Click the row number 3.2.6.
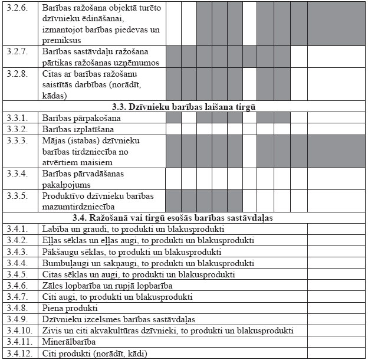pos(16,9)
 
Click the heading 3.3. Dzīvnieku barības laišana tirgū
pos(183,107)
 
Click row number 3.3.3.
pos(16,140)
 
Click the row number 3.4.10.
pos(18,330)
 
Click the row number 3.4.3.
pos(16,252)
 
